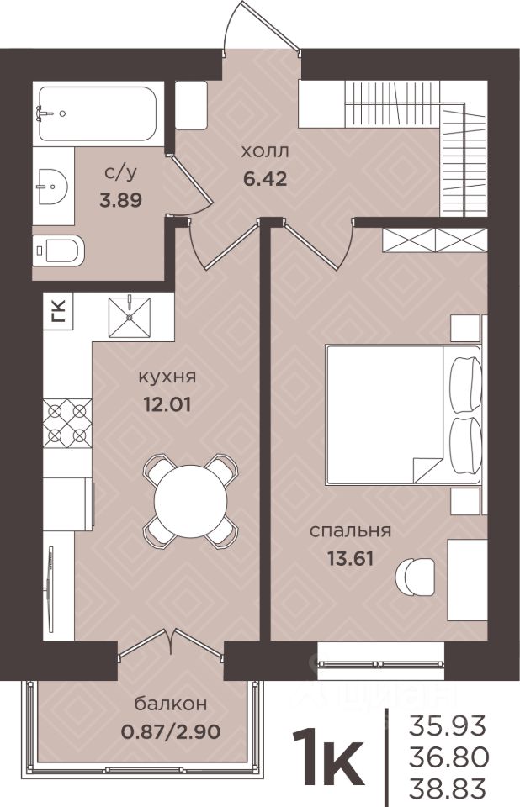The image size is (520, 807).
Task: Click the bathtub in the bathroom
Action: pos(98,113)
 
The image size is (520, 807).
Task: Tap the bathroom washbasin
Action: pos(52,187)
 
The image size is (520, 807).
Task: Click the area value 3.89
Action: pos(120,200)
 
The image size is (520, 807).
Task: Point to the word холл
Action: pos(265,152)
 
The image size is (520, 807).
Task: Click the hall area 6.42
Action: pos(265,179)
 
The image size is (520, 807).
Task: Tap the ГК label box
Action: pos(59,311)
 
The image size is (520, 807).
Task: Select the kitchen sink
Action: pos(130,317)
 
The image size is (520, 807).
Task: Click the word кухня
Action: pos(167,377)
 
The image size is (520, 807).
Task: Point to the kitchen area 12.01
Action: pos(167,404)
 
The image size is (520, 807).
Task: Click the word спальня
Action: pos(350,531)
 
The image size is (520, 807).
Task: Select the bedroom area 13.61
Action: pos(350,558)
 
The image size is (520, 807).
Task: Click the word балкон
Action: pos(171,703)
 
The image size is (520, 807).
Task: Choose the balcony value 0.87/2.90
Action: pos(171,731)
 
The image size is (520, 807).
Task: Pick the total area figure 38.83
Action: pos(448,788)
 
